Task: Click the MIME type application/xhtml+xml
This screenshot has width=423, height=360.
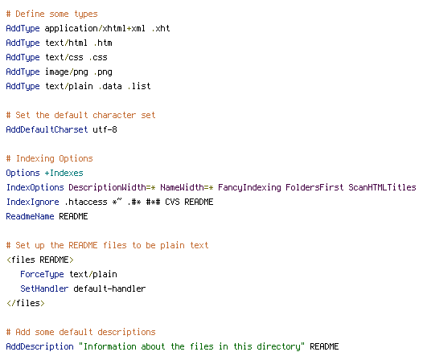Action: pos(95,29)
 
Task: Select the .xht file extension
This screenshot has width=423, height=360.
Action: pos(161,28)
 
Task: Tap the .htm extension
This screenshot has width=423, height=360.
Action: pos(103,43)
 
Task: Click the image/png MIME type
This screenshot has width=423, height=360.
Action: pos(67,72)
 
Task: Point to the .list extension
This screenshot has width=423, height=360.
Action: pos(139,86)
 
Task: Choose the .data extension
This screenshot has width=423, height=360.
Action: pos(110,86)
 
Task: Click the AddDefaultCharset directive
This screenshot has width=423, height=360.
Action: pos(47,129)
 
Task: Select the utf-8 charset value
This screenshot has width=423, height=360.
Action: pos(105,129)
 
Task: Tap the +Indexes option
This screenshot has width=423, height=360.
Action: pos(64,173)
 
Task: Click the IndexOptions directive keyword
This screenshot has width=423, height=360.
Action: pos(35,187)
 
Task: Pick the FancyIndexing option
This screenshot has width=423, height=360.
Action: pos(249,187)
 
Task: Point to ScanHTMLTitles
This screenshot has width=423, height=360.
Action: pos(382,187)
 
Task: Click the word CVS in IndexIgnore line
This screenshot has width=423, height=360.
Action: pos(172,202)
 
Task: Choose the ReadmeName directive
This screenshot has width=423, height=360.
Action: pos(30,216)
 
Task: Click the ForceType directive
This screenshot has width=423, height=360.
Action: pos(42,274)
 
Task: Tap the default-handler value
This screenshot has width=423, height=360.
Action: pos(109,288)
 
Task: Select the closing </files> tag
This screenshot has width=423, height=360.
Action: pos(26,303)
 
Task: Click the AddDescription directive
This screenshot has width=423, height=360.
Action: pos(39,346)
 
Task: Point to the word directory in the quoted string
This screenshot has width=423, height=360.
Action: pos(278,346)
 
